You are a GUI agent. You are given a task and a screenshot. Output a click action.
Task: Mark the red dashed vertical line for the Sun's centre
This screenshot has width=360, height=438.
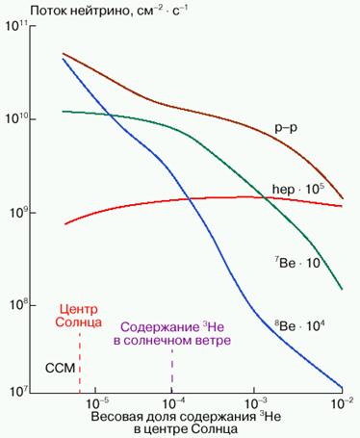coord(80,371)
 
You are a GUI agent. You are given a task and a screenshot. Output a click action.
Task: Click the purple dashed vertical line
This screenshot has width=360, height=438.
coord(172,371)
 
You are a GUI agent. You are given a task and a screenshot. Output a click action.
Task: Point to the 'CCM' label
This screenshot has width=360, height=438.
coord(61,369)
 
